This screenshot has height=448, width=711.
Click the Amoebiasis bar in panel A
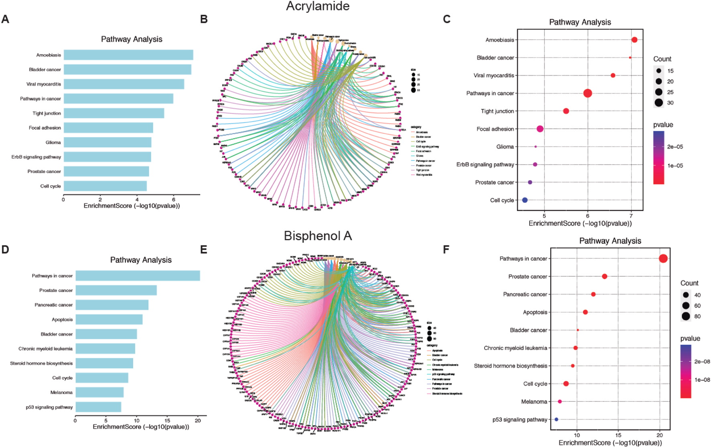[128, 55]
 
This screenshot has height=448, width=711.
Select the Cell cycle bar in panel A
[105, 186]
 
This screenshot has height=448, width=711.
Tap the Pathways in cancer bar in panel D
[138, 276]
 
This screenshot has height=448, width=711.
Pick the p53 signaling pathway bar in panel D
[98, 407]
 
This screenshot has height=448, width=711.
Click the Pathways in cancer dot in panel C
[587, 93]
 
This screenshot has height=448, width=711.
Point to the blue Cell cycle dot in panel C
[525, 200]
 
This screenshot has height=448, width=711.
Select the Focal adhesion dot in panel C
[540, 129]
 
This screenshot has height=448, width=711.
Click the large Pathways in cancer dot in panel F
[663, 259]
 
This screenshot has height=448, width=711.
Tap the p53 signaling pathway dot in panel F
[556, 419]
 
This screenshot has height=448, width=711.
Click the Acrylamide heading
[317, 6]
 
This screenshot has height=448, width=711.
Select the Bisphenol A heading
[317, 236]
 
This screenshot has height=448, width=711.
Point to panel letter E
[204, 250]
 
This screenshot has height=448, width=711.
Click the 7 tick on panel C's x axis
[631, 216]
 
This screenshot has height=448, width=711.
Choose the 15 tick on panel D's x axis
[167, 420]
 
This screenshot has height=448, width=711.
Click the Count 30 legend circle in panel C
[658, 103]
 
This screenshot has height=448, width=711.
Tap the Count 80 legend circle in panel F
[686, 316]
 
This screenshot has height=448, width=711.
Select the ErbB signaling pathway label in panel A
[36, 157]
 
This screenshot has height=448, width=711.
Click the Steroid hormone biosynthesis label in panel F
[510, 366]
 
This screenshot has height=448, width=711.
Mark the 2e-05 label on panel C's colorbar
[675, 147]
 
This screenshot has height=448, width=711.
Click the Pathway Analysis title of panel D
[141, 260]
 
